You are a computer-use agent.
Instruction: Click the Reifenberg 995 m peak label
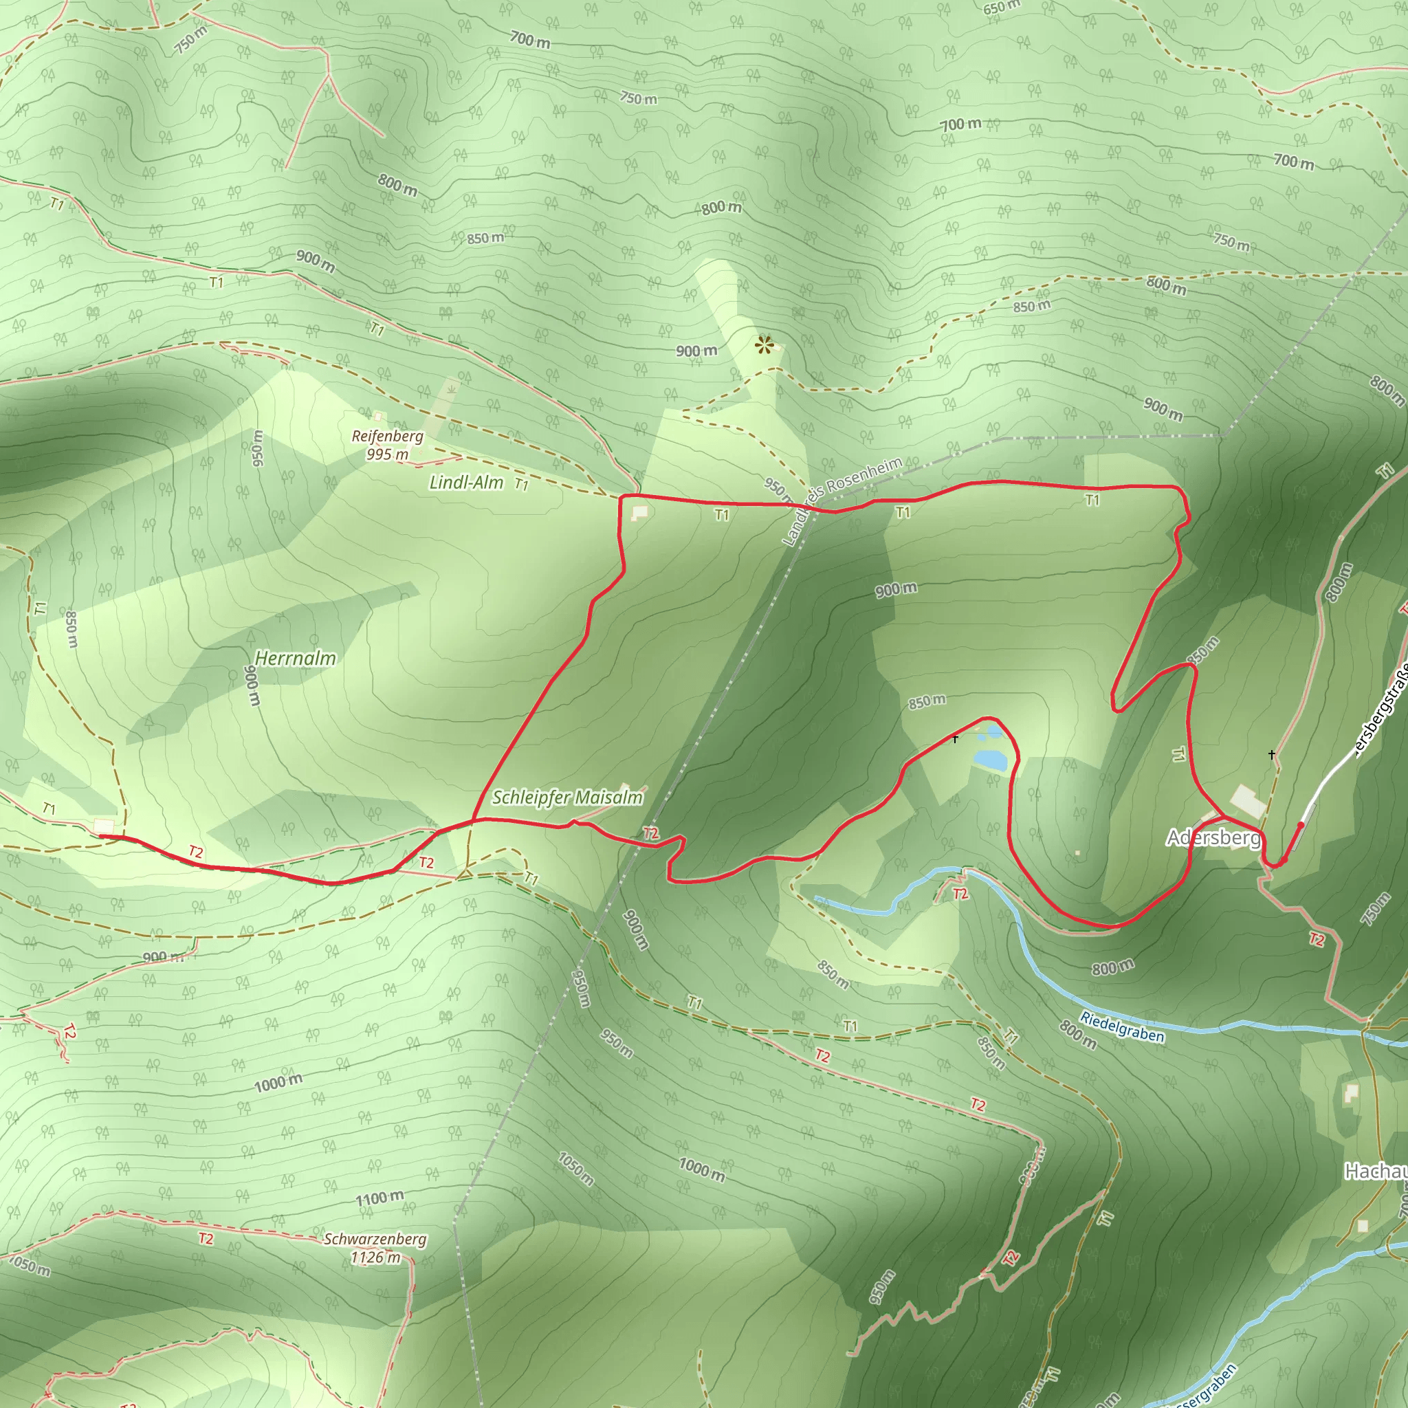tap(387, 445)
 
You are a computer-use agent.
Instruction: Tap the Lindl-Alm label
tap(465, 482)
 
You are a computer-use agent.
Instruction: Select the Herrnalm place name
tap(295, 658)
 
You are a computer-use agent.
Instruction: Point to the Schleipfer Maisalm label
tap(567, 797)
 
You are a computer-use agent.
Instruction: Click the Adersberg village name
tap(1213, 837)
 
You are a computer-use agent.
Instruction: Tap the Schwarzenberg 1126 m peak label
tap(375, 1248)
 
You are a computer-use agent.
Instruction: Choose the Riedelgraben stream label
tap(1121, 1027)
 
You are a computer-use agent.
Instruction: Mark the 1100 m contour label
tap(379, 1198)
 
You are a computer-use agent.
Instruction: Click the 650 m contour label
tap(1001, 8)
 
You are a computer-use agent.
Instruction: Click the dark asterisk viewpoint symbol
tap(763, 344)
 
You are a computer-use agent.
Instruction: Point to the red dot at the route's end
tap(1301, 825)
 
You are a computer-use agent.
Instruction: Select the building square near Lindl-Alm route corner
tap(639, 513)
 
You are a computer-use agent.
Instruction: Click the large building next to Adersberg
tap(1248, 801)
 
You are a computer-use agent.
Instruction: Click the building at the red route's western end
tap(104, 826)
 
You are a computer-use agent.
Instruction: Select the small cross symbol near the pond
tap(955, 739)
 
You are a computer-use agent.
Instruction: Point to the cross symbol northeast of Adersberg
tap(1272, 754)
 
